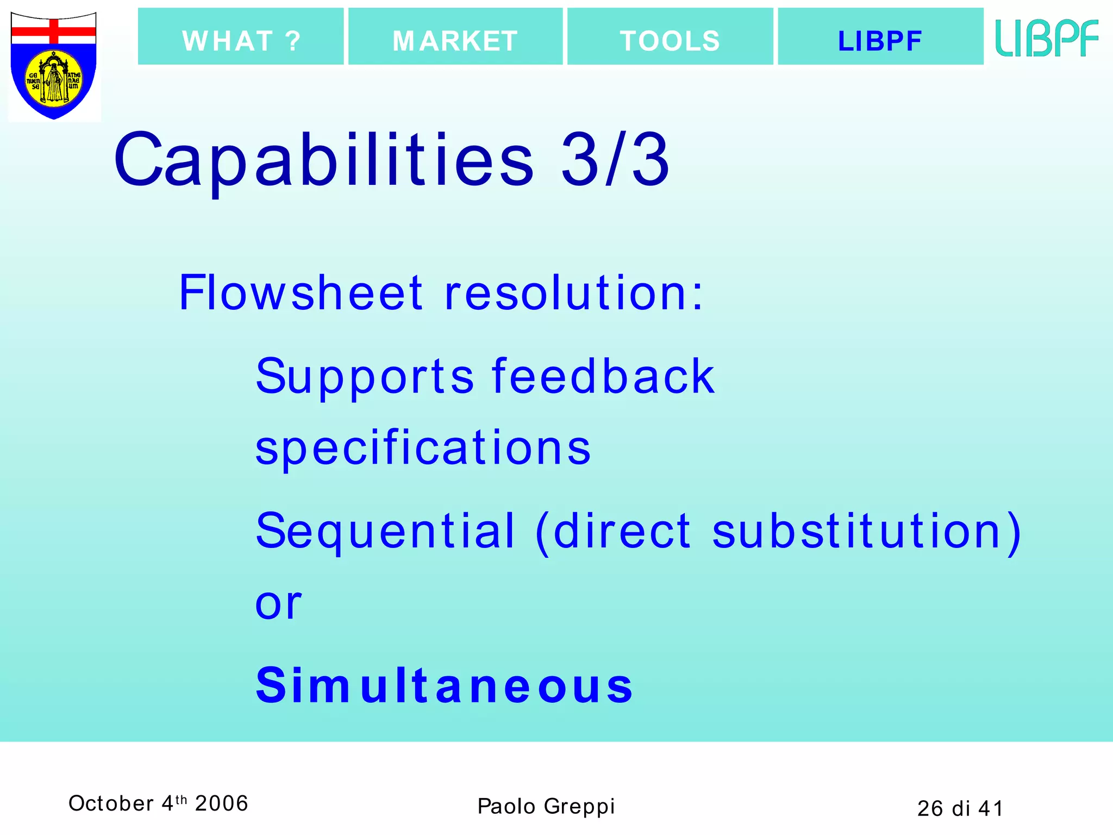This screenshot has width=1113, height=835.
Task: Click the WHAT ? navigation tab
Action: coord(241,37)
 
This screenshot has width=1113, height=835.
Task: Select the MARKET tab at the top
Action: coord(455,37)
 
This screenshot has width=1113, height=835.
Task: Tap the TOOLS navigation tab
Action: coord(670,37)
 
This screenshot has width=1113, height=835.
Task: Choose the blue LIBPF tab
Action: coord(880,37)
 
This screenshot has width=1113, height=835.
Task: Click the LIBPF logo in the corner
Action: coord(1047,38)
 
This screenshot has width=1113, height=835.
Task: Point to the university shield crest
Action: coord(54,66)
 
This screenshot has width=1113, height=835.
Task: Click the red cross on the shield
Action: coord(54,31)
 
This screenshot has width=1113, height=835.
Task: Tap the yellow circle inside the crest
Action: coord(54,79)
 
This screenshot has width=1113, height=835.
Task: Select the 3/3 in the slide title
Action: coord(615,161)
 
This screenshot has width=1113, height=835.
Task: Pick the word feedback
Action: coord(603,376)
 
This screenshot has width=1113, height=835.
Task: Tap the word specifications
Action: coord(423,448)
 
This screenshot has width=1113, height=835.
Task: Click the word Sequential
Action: coord(385,531)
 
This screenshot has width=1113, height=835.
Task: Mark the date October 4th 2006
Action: coord(158,803)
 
